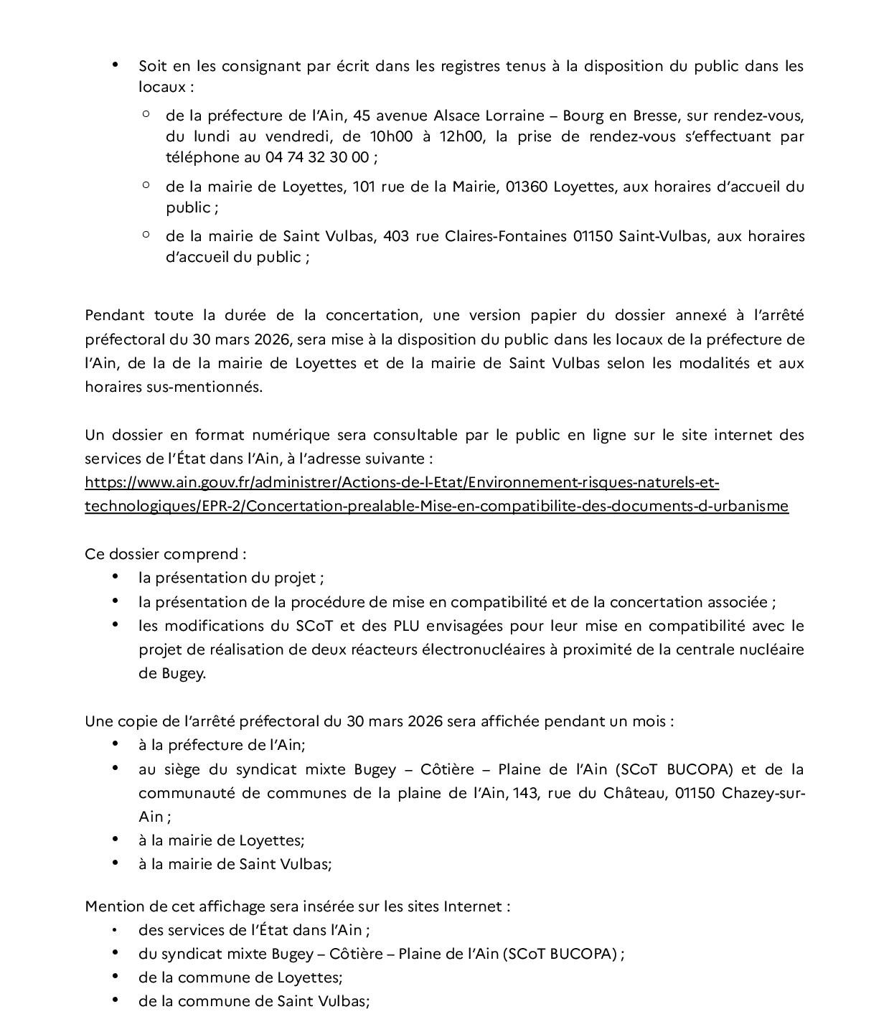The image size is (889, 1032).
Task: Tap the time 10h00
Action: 390,136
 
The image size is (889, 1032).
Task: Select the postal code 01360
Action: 527,187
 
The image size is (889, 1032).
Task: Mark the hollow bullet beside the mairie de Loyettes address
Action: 146,185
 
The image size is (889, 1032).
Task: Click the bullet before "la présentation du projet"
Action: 116,577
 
